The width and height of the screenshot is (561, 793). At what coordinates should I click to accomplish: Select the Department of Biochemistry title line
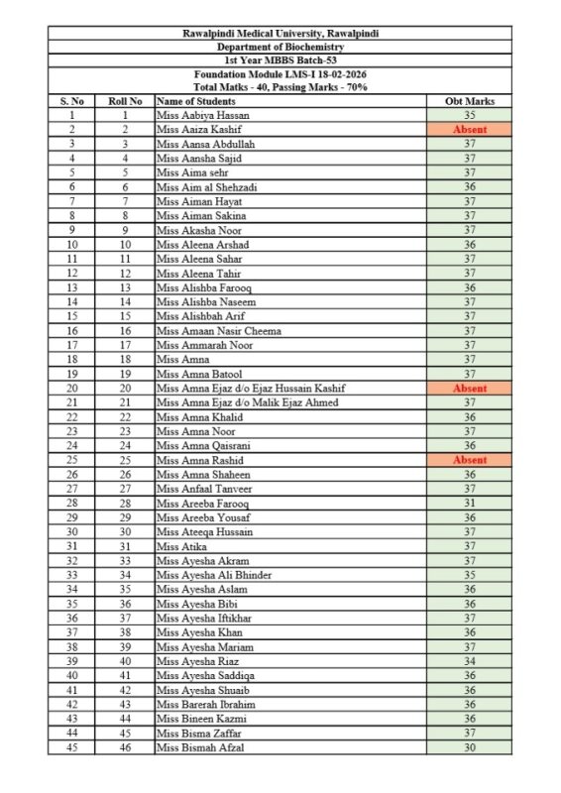tap(280, 47)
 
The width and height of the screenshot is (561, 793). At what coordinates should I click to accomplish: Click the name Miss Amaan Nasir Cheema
tap(219, 330)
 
